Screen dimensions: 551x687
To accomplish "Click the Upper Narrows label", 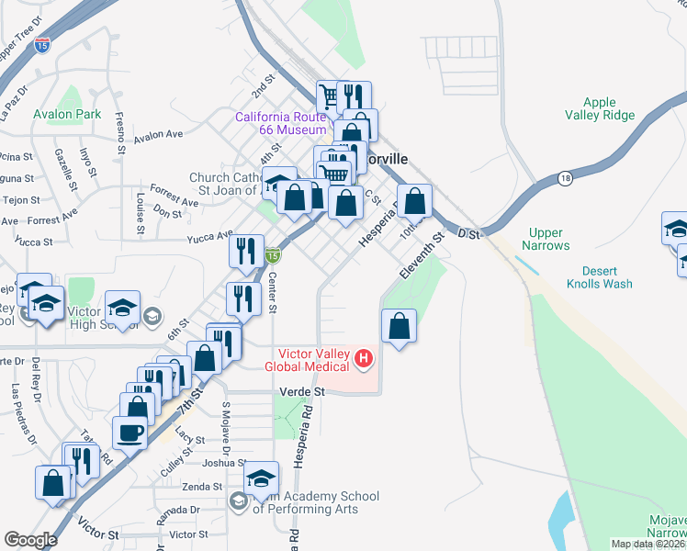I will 546,240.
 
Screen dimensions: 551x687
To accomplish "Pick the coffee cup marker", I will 130,433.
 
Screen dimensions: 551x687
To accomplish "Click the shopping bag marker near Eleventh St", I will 399,326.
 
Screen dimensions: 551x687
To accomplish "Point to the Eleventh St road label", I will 422,254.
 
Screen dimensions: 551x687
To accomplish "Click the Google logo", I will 30,540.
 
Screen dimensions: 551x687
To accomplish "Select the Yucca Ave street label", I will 208,239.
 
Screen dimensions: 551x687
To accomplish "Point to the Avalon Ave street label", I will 158,134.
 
